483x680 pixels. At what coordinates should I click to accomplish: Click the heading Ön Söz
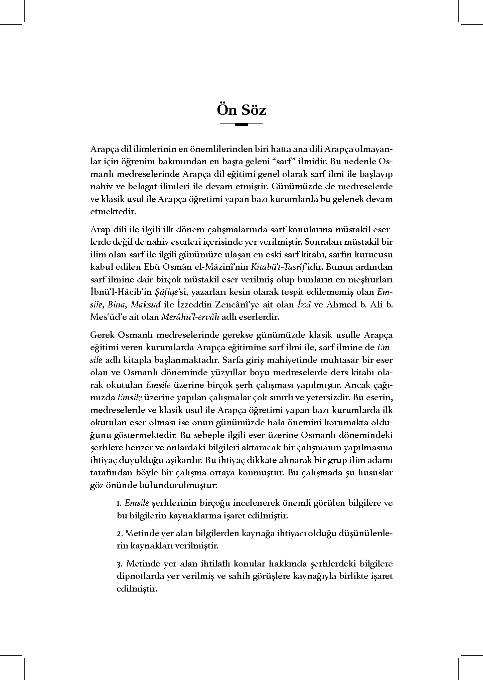tap(241, 110)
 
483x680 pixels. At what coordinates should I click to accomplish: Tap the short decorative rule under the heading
tap(241, 125)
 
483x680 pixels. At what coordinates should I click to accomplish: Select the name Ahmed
tap(337, 304)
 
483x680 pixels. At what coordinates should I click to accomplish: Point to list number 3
tap(119, 564)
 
